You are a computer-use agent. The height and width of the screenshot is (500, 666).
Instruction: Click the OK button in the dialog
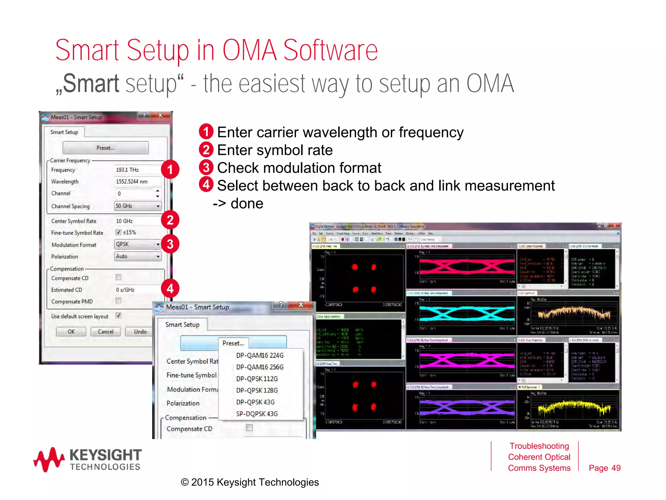(71, 331)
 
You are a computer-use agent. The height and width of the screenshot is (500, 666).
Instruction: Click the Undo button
(140, 331)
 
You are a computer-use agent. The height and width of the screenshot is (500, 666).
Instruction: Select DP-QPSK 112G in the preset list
(257, 379)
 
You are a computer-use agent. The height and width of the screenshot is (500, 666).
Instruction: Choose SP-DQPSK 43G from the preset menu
(257, 414)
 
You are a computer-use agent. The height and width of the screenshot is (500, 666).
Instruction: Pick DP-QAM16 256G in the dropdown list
(260, 367)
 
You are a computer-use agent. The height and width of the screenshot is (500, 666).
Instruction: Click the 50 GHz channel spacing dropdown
(138, 206)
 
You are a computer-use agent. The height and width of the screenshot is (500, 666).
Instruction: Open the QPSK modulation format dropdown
(138, 244)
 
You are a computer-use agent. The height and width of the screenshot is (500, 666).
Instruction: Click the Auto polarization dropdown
(138, 256)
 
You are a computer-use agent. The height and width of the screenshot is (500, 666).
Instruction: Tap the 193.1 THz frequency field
(137, 170)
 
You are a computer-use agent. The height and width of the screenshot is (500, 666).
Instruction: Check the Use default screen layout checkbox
(118, 315)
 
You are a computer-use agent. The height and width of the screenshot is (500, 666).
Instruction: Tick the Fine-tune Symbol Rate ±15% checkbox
(118, 232)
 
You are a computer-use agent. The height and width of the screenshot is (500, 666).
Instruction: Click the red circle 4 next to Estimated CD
(170, 288)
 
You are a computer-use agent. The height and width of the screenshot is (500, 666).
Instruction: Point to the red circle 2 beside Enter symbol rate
(206, 150)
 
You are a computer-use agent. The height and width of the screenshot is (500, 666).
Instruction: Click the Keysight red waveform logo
(49, 459)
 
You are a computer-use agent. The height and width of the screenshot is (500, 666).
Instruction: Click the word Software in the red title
(330, 51)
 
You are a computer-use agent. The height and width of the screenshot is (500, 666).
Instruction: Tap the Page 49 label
(605, 468)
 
